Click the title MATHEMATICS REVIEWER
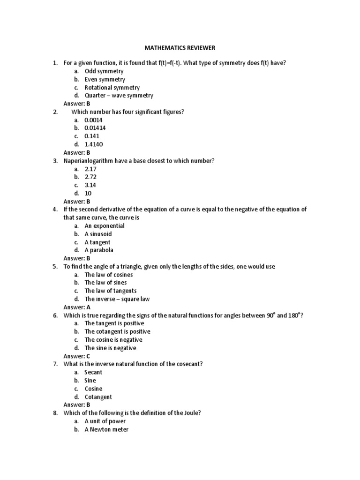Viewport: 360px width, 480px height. coord(179,48)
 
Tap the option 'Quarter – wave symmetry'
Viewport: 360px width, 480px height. coord(119,96)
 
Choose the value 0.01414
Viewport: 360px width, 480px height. coord(95,128)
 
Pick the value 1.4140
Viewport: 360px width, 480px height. coord(94,144)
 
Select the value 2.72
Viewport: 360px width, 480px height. coord(90,177)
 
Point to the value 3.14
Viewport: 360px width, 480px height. coord(90,185)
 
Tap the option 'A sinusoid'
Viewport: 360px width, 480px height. coord(98,234)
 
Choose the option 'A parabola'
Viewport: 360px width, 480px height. coord(99,250)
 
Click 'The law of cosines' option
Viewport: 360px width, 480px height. coord(108,275)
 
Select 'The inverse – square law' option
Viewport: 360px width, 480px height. coord(117,299)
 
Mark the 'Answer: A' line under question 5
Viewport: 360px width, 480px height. coord(77,307)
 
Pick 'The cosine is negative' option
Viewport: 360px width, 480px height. coord(113,340)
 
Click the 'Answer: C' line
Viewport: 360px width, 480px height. coord(77,356)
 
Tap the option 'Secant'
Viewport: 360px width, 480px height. coord(93,372)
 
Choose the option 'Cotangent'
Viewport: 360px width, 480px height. coord(98,397)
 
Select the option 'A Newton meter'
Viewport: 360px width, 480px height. coord(106,429)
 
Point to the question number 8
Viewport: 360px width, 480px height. coord(55,413)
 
